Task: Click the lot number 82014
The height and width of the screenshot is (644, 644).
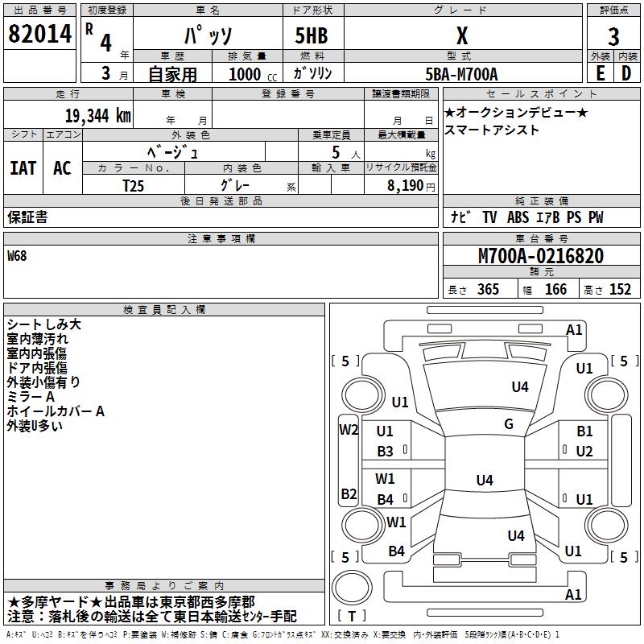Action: click(x=39, y=34)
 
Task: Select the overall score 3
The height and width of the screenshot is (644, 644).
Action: click(x=613, y=36)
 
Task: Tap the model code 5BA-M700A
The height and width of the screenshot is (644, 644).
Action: click(x=461, y=74)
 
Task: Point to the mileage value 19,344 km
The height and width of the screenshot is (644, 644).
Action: click(x=98, y=116)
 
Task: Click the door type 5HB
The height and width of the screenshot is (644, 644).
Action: click(x=312, y=35)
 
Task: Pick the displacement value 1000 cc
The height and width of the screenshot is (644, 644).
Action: click(x=253, y=74)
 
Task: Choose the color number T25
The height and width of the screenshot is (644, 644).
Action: click(x=133, y=186)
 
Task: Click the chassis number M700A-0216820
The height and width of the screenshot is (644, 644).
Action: click(x=541, y=256)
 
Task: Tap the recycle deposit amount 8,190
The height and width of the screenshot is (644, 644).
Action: click(x=405, y=186)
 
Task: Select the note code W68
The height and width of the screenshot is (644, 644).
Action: click(x=17, y=256)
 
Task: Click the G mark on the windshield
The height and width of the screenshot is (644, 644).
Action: click(x=509, y=423)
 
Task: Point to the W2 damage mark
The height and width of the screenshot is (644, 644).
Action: click(x=349, y=430)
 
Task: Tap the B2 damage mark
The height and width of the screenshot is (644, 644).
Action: click(x=349, y=493)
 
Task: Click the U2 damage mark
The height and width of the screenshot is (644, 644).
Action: click(x=584, y=452)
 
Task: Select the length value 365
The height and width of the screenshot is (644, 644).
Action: click(x=488, y=289)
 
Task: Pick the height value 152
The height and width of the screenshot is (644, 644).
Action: click(x=620, y=289)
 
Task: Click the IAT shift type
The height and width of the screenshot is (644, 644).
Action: click(x=23, y=168)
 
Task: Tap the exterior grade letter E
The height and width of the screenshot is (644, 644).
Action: click(x=600, y=73)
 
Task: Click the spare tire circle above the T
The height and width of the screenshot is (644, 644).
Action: click(x=352, y=588)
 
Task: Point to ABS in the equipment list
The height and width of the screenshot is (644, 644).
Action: click(x=518, y=217)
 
